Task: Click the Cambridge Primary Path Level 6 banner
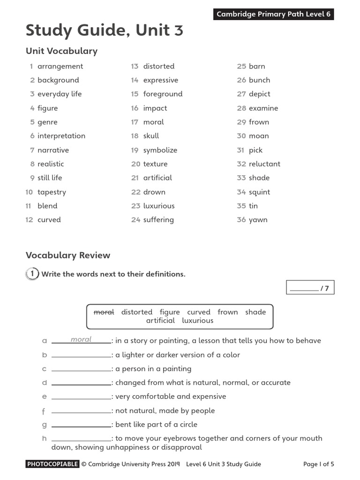(x=273, y=14)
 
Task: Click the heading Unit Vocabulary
(x=61, y=51)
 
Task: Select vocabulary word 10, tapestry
(x=52, y=192)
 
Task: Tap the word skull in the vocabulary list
(x=151, y=136)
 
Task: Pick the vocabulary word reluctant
(x=264, y=164)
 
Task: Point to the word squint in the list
(x=259, y=192)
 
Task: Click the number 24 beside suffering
(x=136, y=220)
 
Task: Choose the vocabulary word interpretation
(x=61, y=136)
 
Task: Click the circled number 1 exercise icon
(x=32, y=274)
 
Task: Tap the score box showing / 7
(x=310, y=288)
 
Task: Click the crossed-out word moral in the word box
(x=104, y=312)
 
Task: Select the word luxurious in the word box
(x=197, y=321)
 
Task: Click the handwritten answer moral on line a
(x=81, y=339)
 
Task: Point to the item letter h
(x=44, y=439)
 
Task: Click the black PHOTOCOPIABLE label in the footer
(x=52, y=465)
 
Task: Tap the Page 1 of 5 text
(x=318, y=465)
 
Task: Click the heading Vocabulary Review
(x=68, y=255)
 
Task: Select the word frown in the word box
(x=227, y=312)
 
